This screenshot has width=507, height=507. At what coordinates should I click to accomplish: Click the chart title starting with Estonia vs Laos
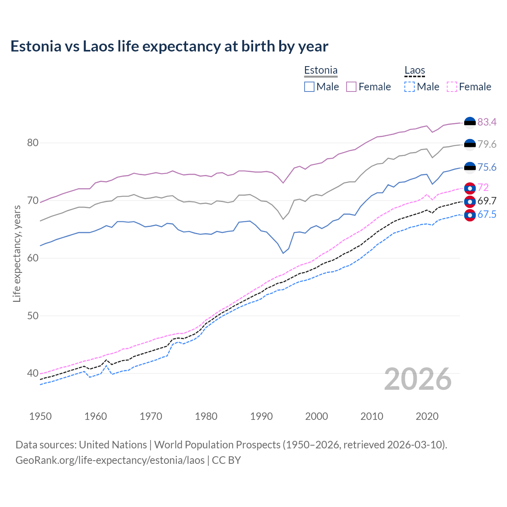[x=169, y=46]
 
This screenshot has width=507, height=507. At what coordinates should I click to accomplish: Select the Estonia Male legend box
[x=309, y=87]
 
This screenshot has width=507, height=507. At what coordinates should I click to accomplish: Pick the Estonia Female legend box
[x=351, y=87]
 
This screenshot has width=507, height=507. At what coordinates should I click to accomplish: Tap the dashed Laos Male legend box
[x=410, y=87]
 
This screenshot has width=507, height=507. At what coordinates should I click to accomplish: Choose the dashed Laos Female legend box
[x=452, y=87]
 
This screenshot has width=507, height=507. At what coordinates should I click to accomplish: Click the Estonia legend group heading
[x=320, y=71]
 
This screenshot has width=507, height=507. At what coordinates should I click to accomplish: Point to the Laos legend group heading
[x=414, y=71]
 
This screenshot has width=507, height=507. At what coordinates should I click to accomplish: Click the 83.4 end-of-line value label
[x=487, y=122]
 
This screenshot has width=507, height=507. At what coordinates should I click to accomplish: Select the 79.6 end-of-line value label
[x=487, y=144]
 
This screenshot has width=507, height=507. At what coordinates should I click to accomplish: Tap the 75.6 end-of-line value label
[x=487, y=167]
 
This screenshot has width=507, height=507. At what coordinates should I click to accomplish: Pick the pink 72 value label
[x=483, y=187]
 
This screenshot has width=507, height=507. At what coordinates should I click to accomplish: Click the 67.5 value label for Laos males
[x=487, y=215]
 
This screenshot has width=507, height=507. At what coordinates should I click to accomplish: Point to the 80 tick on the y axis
[x=33, y=143]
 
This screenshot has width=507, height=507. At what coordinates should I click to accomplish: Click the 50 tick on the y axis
[x=33, y=316]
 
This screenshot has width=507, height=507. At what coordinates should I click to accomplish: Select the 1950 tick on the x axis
[x=40, y=416]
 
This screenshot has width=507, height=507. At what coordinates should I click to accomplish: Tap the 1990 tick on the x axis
[x=261, y=416]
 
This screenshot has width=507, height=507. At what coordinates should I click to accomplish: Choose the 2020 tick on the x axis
[x=427, y=416]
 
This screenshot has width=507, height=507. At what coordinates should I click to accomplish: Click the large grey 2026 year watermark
[x=418, y=379]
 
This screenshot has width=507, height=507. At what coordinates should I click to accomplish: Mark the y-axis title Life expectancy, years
[x=17, y=253]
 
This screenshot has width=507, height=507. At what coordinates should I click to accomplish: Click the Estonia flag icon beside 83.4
[x=470, y=123]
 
